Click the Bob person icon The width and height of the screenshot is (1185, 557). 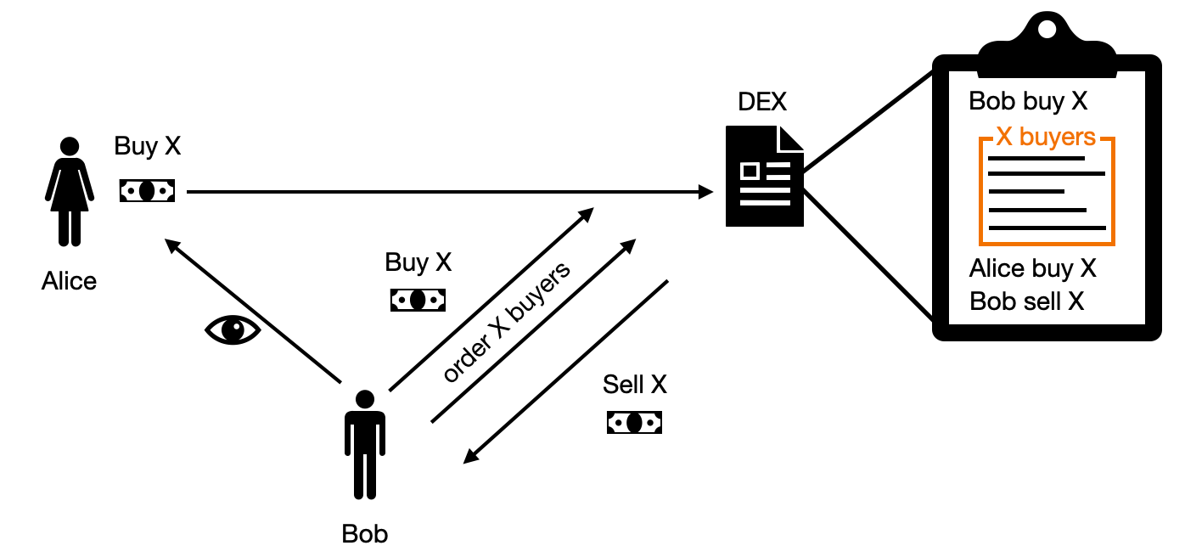365,443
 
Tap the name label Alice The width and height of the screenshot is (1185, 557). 69,280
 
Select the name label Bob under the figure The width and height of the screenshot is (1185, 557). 364,534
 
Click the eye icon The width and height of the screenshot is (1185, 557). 232,329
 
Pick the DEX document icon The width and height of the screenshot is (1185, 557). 764,176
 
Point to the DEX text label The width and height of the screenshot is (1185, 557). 762,102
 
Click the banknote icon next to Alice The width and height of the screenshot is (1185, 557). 147,191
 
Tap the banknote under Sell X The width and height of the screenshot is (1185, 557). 634,422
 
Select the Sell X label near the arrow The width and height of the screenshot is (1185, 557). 635,385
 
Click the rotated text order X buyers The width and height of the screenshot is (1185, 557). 507,323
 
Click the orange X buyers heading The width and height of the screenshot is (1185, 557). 1046,137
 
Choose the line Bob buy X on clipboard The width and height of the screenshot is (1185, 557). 1028,101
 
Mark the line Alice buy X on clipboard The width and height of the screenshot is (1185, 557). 1032,269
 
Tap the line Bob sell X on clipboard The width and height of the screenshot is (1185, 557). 1026,301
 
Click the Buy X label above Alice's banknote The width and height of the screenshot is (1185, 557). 148,146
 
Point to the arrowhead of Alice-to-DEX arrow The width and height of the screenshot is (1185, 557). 705,193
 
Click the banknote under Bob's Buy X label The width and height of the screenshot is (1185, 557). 418,300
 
